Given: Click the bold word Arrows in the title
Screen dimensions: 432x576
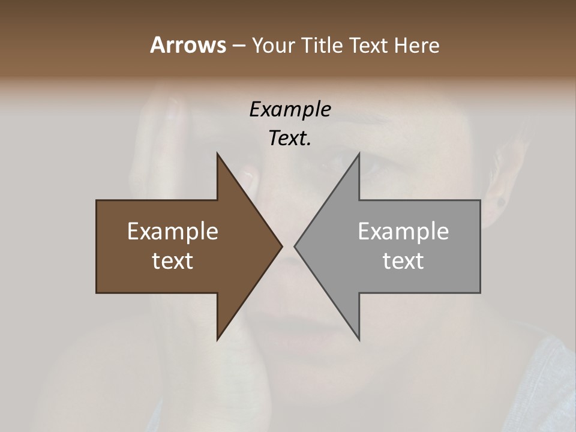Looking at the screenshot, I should pyautogui.click(x=187, y=45).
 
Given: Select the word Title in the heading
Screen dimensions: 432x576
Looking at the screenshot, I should pyautogui.click(x=324, y=45).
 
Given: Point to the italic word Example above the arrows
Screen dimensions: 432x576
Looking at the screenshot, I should pyautogui.click(x=290, y=109).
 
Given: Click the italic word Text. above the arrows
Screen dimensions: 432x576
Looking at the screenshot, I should pyautogui.click(x=290, y=139).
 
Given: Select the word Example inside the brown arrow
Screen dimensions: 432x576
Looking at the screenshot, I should pyautogui.click(x=173, y=232).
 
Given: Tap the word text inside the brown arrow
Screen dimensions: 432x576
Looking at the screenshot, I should pyautogui.click(x=173, y=261).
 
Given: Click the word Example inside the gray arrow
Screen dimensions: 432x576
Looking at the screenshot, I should pyautogui.click(x=403, y=232).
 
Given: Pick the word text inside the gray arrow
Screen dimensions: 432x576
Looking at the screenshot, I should pyautogui.click(x=403, y=261).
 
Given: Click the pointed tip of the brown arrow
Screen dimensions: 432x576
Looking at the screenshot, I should pyautogui.click(x=282, y=246).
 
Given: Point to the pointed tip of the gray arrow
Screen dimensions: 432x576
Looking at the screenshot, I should pyautogui.click(x=295, y=246).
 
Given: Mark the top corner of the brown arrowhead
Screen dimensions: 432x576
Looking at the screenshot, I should pyautogui.click(x=217, y=154).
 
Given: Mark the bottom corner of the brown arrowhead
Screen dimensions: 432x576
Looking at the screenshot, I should pyautogui.click(x=217, y=340).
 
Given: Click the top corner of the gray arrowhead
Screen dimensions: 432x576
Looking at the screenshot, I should pyautogui.click(x=359, y=154).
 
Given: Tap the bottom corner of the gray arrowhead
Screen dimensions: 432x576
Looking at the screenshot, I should pyautogui.click(x=359, y=340).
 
